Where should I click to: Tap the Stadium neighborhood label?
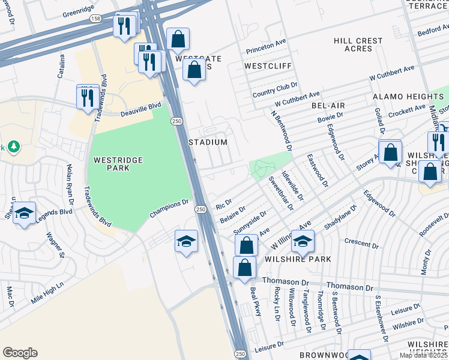208,143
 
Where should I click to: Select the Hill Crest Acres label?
358,45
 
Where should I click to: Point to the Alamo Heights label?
407,97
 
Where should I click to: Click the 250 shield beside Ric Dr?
201,209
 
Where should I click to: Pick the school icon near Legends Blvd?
24,214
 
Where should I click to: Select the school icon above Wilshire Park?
303,242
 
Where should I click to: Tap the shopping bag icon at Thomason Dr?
244,267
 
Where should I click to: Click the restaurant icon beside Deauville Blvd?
89,97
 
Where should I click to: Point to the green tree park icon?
14,146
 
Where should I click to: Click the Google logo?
20,353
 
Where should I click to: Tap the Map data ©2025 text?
423,355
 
